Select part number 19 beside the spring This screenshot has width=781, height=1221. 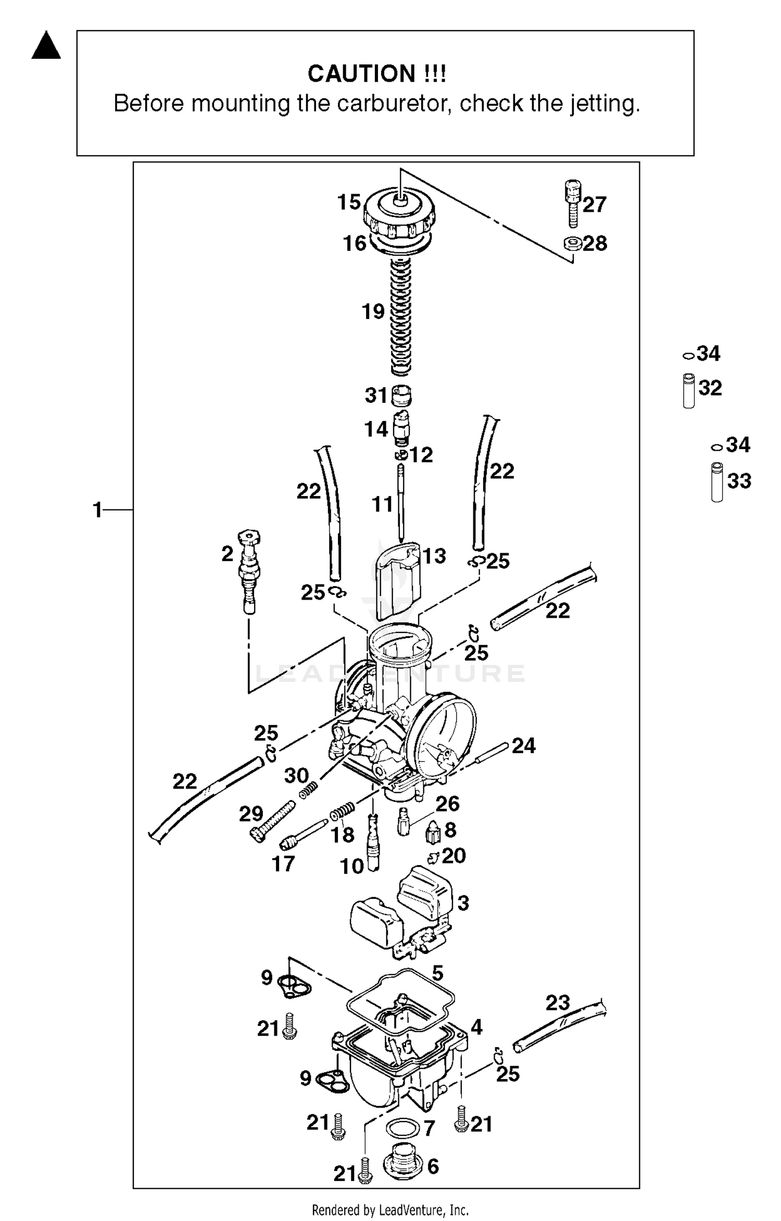pyautogui.click(x=373, y=312)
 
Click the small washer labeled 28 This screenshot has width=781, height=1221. pyautogui.click(x=572, y=243)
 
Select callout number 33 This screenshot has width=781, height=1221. pyautogui.click(x=739, y=481)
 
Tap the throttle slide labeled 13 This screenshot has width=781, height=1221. pyautogui.click(x=398, y=580)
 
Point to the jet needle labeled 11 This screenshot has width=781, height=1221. pyautogui.click(x=401, y=502)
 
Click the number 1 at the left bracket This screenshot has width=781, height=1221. pyautogui.click(x=97, y=510)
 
